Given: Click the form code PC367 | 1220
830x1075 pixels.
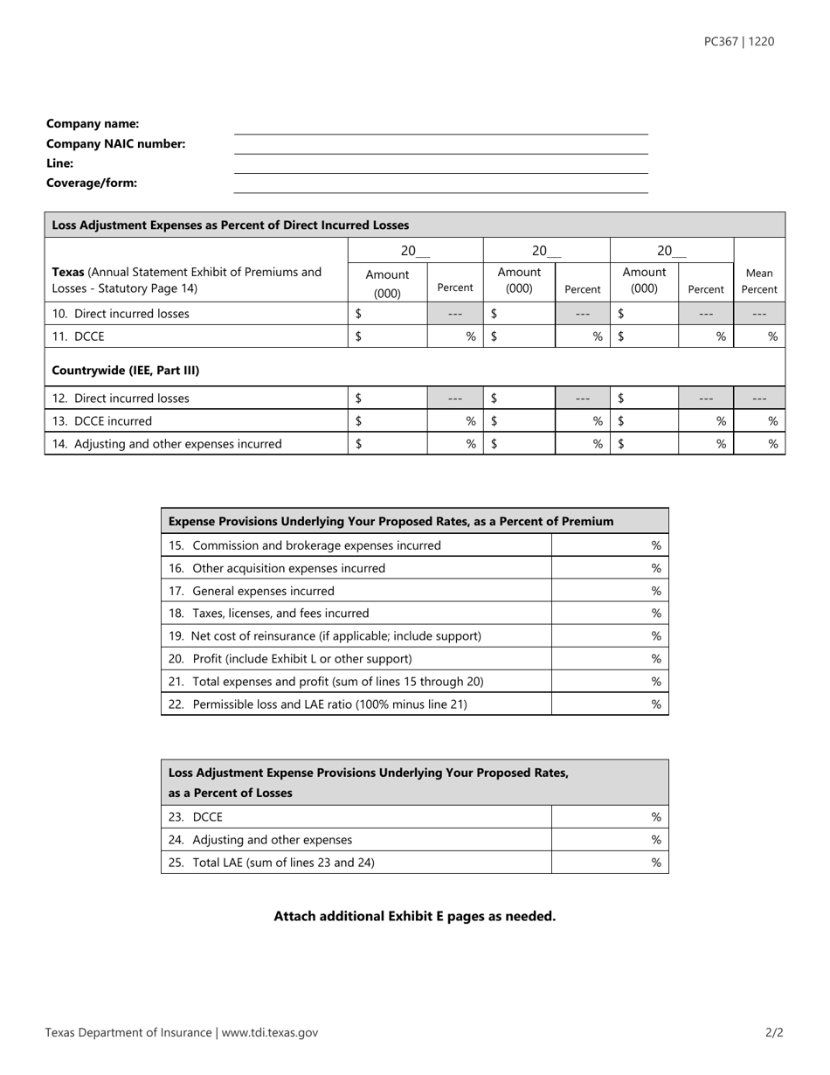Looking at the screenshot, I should click(738, 41).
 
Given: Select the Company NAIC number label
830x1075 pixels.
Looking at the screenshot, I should click(115, 144).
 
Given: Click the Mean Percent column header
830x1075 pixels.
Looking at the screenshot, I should click(759, 281).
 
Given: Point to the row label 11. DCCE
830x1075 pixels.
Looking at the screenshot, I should click(78, 336).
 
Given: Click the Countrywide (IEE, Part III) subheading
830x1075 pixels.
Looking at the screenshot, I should click(126, 371).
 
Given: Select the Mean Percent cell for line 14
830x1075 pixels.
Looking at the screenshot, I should click(759, 444).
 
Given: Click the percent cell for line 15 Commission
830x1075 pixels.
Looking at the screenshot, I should click(610, 545).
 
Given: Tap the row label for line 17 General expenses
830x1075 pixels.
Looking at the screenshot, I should click(252, 591).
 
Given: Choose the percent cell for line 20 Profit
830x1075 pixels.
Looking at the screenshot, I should click(610, 659).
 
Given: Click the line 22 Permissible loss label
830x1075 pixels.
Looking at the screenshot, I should click(318, 704).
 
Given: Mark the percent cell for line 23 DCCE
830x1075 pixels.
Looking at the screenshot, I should click(610, 817).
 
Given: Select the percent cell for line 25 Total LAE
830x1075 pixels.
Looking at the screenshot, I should click(610, 863).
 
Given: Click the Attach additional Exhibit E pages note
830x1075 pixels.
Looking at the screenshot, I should click(414, 916).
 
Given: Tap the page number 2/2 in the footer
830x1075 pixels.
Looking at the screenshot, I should click(774, 1033).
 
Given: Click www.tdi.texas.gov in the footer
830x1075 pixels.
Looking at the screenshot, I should click(269, 1033).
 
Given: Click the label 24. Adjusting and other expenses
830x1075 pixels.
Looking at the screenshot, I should click(260, 840).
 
